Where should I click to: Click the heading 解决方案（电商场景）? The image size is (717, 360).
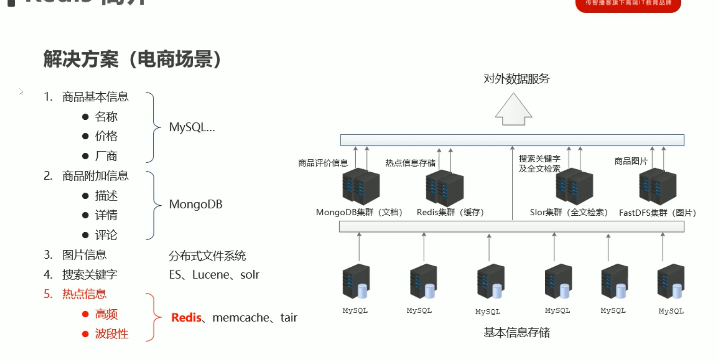point(132,59)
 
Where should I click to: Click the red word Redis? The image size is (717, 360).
point(187,317)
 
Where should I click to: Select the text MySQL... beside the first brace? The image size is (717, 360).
point(192,127)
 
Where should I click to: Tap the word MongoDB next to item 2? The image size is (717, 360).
point(195,204)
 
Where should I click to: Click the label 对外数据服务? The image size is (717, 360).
point(516,79)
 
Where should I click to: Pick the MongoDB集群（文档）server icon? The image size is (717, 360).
point(361,186)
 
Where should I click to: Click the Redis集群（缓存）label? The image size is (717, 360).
point(450,212)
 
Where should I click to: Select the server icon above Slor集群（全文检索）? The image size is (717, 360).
point(574,186)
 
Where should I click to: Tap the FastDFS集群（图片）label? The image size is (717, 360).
point(657,213)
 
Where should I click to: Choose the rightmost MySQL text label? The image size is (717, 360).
point(671,311)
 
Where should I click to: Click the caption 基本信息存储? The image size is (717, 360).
point(516,333)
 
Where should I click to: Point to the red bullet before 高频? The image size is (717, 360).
point(86,314)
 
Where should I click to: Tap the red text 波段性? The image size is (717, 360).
point(112,334)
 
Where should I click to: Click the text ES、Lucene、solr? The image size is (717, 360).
point(214,275)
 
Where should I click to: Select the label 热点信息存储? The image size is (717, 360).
point(410,163)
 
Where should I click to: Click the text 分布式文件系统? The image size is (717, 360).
point(207,256)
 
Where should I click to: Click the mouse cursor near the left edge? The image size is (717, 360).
point(21,91)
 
